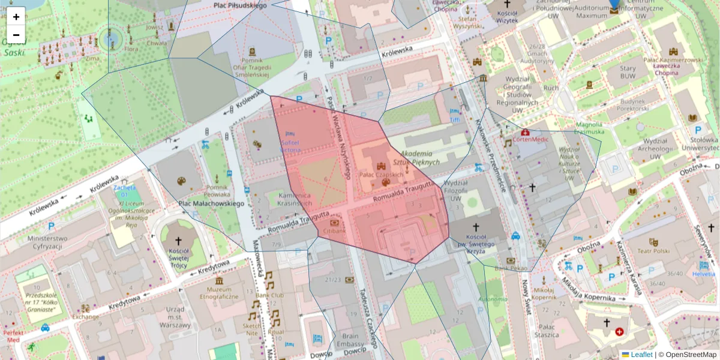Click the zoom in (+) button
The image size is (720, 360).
(x=16, y=16)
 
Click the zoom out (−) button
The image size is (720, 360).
(x=16, y=34)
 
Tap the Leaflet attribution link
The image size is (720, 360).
(x=641, y=355)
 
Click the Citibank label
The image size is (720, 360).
(x=334, y=230)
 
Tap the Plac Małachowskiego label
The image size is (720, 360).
(x=211, y=203)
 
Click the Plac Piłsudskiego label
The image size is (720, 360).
(x=240, y=5)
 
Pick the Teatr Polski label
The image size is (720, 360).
(x=653, y=251)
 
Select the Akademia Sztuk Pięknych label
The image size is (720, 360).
(x=416, y=158)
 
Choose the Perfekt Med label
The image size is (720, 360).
(x=13, y=336)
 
